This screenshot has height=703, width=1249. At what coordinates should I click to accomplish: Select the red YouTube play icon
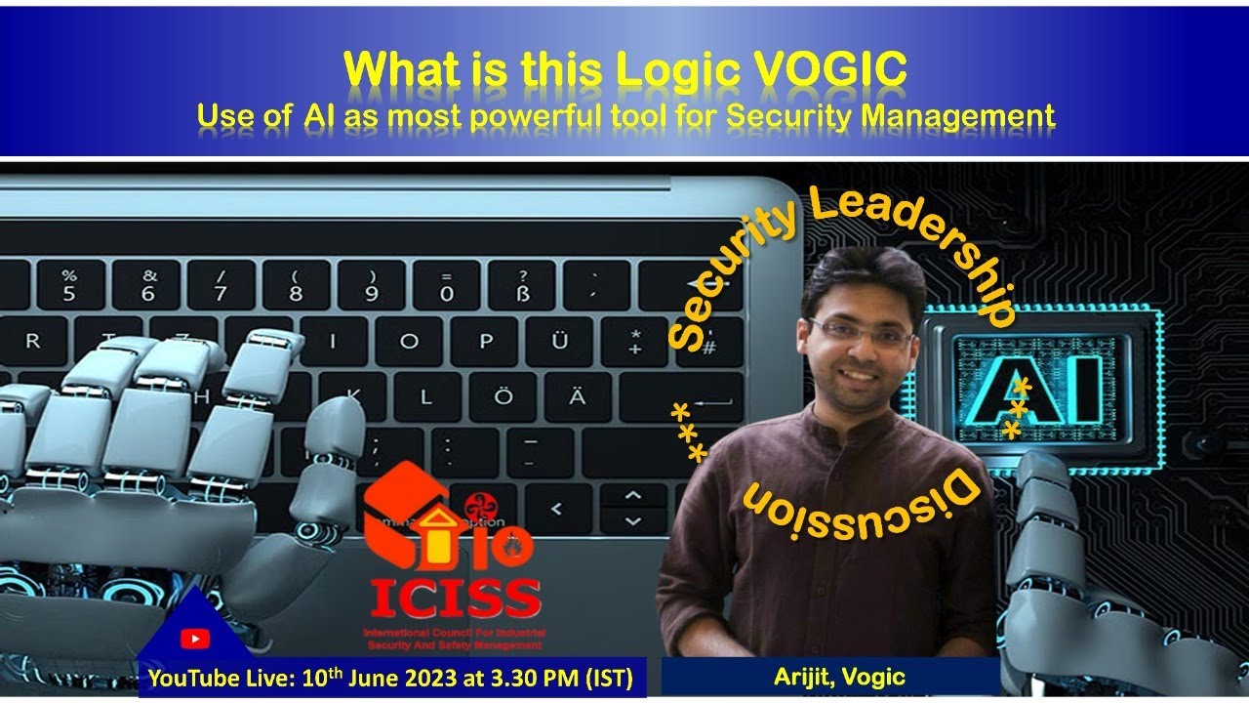[x=195, y=639]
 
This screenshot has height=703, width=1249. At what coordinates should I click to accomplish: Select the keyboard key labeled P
[x=485, y=341]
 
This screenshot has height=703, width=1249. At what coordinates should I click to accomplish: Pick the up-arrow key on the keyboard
[x=632, y=495]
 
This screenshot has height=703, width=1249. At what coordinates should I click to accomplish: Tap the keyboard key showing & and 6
[x=147, y=285]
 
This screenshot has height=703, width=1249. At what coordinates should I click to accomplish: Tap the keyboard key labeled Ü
[x=559, y=341]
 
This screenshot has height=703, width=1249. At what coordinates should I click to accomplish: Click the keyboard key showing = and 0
[x=447, y=285]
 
